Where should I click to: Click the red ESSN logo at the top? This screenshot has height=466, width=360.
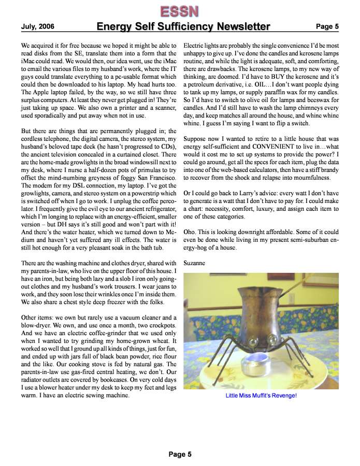pos(179,10)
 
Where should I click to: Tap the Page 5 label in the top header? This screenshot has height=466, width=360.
pos(327,26)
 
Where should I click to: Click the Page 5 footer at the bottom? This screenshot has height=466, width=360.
pos(180,454)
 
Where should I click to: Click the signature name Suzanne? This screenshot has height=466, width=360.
pos(195,263)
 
